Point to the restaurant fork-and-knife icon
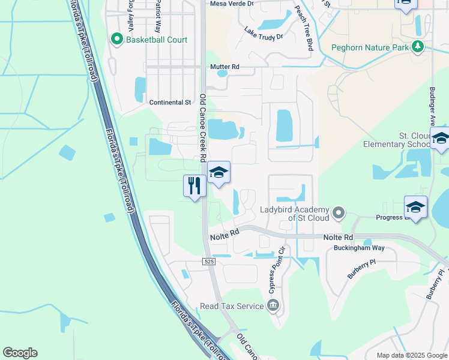point(194,185)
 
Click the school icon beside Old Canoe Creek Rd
point(219,173)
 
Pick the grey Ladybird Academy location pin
point(339,212)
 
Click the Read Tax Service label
point(232,306)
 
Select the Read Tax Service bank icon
point(273,306)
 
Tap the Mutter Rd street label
point(224,67)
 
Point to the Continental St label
point(170,103)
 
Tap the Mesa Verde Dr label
point(232,4)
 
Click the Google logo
point(20,353)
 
